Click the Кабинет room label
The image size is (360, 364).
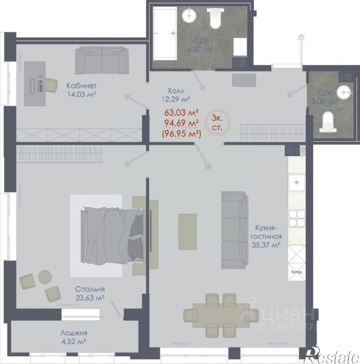tap(81, 85)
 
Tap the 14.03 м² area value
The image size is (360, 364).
tap(82, 94)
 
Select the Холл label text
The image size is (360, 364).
tap(176, 90)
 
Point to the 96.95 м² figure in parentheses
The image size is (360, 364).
tap(182, 134)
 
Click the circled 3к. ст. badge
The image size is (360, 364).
tap(217, 122)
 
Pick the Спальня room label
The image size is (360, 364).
tap(90, 289)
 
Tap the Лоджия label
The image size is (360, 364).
tap(74, 333)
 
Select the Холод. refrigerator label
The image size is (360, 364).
tap(296, 272)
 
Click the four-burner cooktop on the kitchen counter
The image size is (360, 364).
tap(296, 218)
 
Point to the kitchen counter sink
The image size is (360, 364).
tap(296, 182)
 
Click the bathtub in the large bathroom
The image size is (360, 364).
tap(165, 33)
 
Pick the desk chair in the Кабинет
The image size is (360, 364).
tap(51, 85)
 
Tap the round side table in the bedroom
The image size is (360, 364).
tap(45, 277)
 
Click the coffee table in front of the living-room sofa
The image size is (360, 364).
tap(188, 232)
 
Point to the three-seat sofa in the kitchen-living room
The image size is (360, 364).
tap(235, 230)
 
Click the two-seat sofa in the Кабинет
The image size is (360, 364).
tap(102, 60)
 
